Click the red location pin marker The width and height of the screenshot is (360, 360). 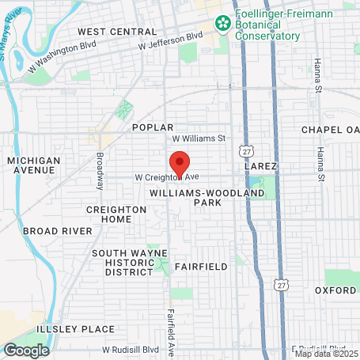click(180, 163)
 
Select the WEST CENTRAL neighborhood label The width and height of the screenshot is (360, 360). click(118, 32)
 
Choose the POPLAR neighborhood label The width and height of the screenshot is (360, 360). click(153, 127)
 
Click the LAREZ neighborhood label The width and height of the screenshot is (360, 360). click(260, 167)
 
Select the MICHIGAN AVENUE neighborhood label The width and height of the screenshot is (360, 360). click(33, 165)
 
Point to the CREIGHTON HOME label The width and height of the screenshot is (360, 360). click(116, 214)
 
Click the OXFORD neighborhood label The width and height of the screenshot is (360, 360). click(335, 290)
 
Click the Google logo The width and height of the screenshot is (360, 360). click(26, 350)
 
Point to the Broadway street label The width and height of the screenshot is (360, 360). click(100, 171)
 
